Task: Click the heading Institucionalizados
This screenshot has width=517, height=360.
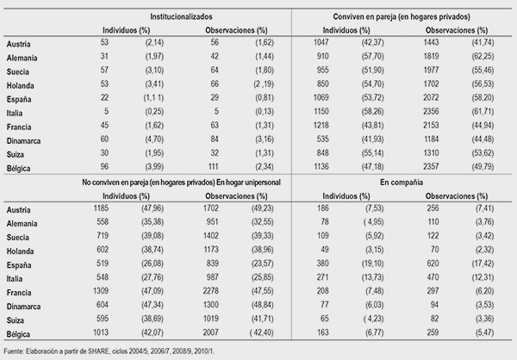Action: click(181, 17)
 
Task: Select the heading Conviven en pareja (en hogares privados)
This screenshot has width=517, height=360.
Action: click(402, 17)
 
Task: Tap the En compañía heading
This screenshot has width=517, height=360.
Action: click(402, 183)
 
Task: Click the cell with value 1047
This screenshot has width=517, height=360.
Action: click(321, 42)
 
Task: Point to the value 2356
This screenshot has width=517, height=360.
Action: click(431, 111)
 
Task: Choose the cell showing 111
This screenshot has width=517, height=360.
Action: click(214, 166)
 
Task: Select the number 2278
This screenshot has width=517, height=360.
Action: click(211, 291)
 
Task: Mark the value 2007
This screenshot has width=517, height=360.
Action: click(211, 332)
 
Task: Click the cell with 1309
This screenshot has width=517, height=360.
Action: click(101, 291)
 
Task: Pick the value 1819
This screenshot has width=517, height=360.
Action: click(431, 56)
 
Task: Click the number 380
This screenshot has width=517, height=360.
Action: click(322, 263)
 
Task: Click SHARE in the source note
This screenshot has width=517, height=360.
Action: click(98, 351)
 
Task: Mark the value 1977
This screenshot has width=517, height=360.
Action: click(431, 70)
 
